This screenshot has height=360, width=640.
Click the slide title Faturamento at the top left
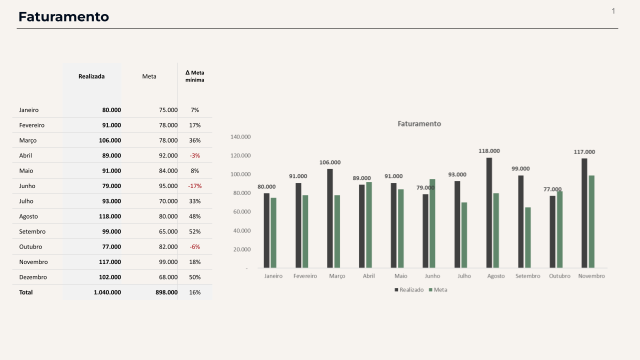tap(63, 16)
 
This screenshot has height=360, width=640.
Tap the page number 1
tap(613, 11)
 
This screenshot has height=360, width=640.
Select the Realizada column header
tap(91, 76)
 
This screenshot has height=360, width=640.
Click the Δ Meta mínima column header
tap(194, 76)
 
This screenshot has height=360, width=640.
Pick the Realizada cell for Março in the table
tap(110, 140)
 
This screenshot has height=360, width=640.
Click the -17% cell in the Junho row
tap(194, 186)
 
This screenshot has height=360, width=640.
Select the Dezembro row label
tap(33, 277)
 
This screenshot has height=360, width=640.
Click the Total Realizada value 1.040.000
tap(107, 292)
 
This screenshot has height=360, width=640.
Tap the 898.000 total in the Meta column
tap(166, 292)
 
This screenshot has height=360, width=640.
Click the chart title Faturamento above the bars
tap(419, 123)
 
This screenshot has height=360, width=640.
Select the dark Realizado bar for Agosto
tap(489, 213)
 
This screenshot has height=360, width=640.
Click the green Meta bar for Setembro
tap(528, 237)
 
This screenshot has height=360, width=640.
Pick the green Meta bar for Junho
tap(432, 223)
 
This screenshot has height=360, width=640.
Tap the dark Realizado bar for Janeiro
tap(266, 230)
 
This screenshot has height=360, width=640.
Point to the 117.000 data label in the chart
tap(584, 152)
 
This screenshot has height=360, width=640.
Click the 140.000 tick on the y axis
tap(240, 136)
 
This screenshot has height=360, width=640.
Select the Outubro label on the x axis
tap(559, 276)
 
